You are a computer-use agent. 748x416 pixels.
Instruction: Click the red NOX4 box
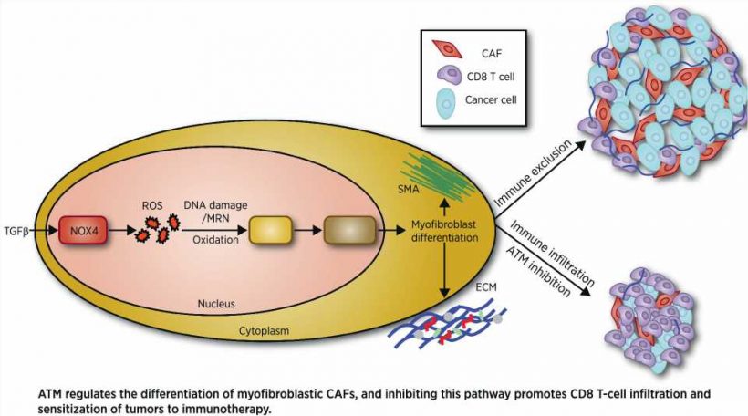tap(83, 230)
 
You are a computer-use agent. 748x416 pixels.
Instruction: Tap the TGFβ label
tap(16, 232)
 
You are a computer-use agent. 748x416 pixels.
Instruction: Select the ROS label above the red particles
tap(152, 205)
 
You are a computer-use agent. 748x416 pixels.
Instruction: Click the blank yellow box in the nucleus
tap(270, 231)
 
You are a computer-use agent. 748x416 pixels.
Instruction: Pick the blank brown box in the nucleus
tap(349, 231)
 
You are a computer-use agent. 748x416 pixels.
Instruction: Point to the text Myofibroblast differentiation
tap(444, 231)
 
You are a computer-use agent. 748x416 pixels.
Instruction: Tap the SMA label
tap(408, 190)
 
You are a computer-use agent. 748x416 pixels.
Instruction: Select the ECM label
tap(485, 287)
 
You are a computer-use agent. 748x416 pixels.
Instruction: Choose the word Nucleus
tap(216, 304)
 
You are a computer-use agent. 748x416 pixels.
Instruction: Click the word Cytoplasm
tap(264, 330)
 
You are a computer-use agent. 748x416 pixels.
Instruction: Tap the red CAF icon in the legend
tap(447, 49)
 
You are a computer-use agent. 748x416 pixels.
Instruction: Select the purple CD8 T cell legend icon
tap(449, 76)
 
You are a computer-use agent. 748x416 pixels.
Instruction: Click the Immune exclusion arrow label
tap(533, 173)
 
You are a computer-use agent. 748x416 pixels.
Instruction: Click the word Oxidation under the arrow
tap(215, 240)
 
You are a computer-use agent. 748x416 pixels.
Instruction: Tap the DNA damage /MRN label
tap(215, 211)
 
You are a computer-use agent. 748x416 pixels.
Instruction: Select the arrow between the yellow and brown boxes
tap(306, 231)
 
